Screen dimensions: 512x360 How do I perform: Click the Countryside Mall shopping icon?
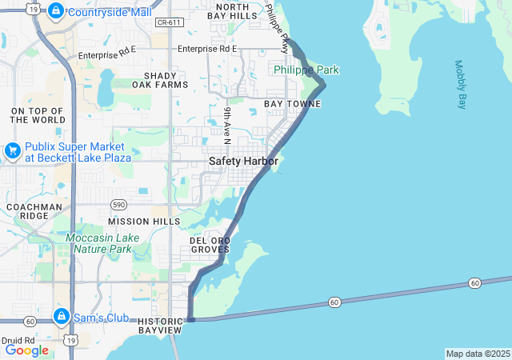(55, 11)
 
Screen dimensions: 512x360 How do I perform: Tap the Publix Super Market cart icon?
(12, 150)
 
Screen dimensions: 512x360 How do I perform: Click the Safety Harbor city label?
(243, 161)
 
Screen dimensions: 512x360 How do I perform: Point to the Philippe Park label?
(306, 70)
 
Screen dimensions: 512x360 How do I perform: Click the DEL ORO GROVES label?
(210, 245)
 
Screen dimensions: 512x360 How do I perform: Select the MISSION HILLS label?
(144, 221)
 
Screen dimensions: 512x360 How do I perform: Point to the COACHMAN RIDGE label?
(34, 211)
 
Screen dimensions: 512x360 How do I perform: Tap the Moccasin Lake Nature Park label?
(98, 243)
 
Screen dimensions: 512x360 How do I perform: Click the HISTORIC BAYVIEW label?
(161, 325)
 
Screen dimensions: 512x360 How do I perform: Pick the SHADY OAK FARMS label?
(160, 79)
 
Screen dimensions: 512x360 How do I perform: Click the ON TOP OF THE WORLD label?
(38, 114)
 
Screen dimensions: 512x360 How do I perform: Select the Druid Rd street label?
(18, 340)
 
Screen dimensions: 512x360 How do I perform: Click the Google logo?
(26, 350)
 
